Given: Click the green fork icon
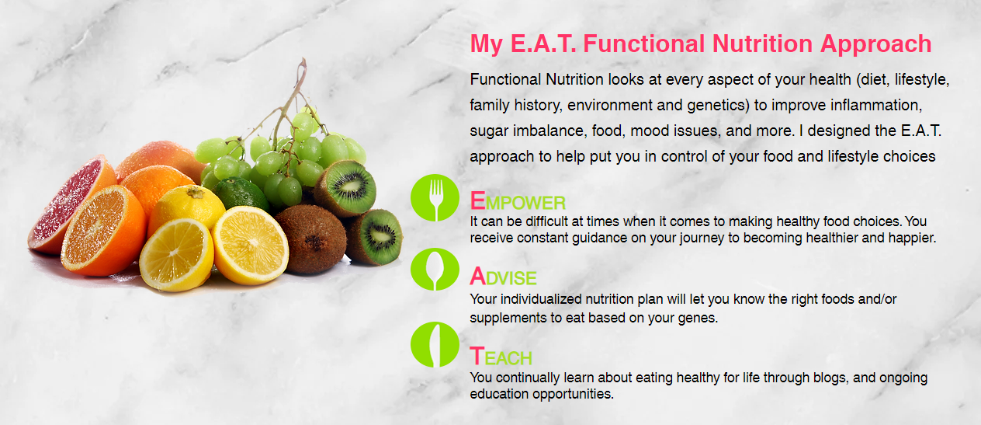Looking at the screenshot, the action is click(x=435, y=198).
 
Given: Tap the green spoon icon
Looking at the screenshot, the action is click(x=435, y=270).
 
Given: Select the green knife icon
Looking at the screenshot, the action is click(x=435, y=345).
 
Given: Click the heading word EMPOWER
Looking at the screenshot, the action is click(x=518, y=201).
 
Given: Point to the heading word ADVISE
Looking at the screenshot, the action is click(x=503, y=277).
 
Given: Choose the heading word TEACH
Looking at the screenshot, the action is click(x=501, y=356).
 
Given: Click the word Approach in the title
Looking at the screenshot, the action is click(x=875, y=45).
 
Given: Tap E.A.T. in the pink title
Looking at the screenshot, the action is click(x=543, y=44).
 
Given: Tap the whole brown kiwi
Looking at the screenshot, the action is click(x=312, y=239).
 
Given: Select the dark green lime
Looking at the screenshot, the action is click(x=241, y=194).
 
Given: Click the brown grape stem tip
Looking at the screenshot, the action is click(x=302, y=61).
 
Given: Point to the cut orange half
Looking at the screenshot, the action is click(x=103, y=231).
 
